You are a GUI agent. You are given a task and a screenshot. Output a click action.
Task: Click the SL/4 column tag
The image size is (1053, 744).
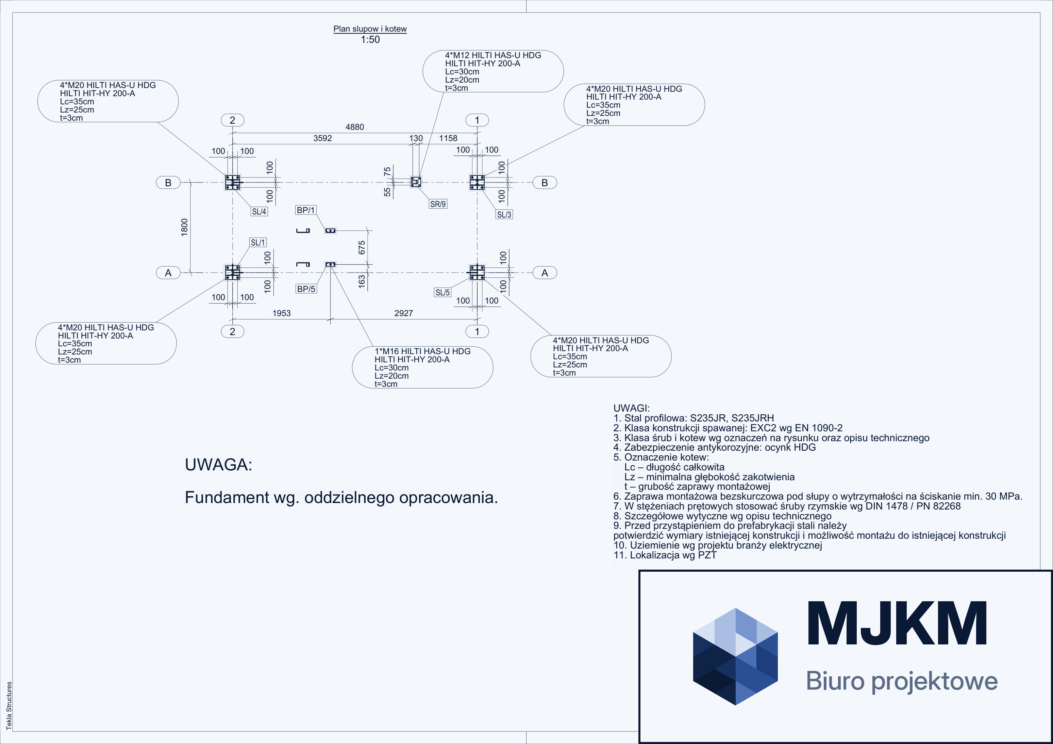click(x=259, y=211)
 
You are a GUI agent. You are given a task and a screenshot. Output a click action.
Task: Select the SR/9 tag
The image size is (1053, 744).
click(x=438, y=204)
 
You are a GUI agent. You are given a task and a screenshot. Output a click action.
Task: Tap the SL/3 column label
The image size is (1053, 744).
click(x=504, y=214)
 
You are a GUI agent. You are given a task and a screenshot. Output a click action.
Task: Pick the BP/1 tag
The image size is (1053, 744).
click(x=306, y=210)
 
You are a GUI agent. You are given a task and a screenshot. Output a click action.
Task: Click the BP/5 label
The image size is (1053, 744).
click(x=306, y=289)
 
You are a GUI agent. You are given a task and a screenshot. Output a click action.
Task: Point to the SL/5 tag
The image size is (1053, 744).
click(x=442, y=292)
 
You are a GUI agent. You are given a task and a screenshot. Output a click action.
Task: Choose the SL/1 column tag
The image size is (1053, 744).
click(x=258, y=242)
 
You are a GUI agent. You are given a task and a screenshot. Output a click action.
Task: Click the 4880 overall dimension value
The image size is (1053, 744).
click(x=354, y=127)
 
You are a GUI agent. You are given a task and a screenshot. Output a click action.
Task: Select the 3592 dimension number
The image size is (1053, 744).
click(x=322, y=138)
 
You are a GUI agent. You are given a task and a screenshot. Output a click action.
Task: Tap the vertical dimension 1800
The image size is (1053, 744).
click(x=184, y=227)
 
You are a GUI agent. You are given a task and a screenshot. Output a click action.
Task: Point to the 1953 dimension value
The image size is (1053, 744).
click(x=282, y=313)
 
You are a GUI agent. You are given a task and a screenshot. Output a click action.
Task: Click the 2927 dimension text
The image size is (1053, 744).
click(x=404, y=313)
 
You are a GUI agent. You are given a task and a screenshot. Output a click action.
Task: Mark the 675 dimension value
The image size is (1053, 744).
click(x=362, y=247)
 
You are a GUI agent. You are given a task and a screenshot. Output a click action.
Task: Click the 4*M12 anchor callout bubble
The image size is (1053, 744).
click(x=493, y=71)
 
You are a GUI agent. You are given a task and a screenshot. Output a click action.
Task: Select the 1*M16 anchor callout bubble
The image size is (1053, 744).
click(x=422, y=367)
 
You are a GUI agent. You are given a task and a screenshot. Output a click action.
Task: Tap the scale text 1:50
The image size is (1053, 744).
click(x=370, y=39)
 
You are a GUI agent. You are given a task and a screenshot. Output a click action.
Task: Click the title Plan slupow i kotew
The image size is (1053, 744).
click(x=370, y=29)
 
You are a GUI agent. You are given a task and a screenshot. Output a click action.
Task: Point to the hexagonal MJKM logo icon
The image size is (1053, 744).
click(x=735, y=656)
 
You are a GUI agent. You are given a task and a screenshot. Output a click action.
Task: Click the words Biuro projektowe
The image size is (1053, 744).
click(x=902, y=681)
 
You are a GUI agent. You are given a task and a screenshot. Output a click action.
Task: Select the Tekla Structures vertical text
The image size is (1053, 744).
click(x=9, y=706)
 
